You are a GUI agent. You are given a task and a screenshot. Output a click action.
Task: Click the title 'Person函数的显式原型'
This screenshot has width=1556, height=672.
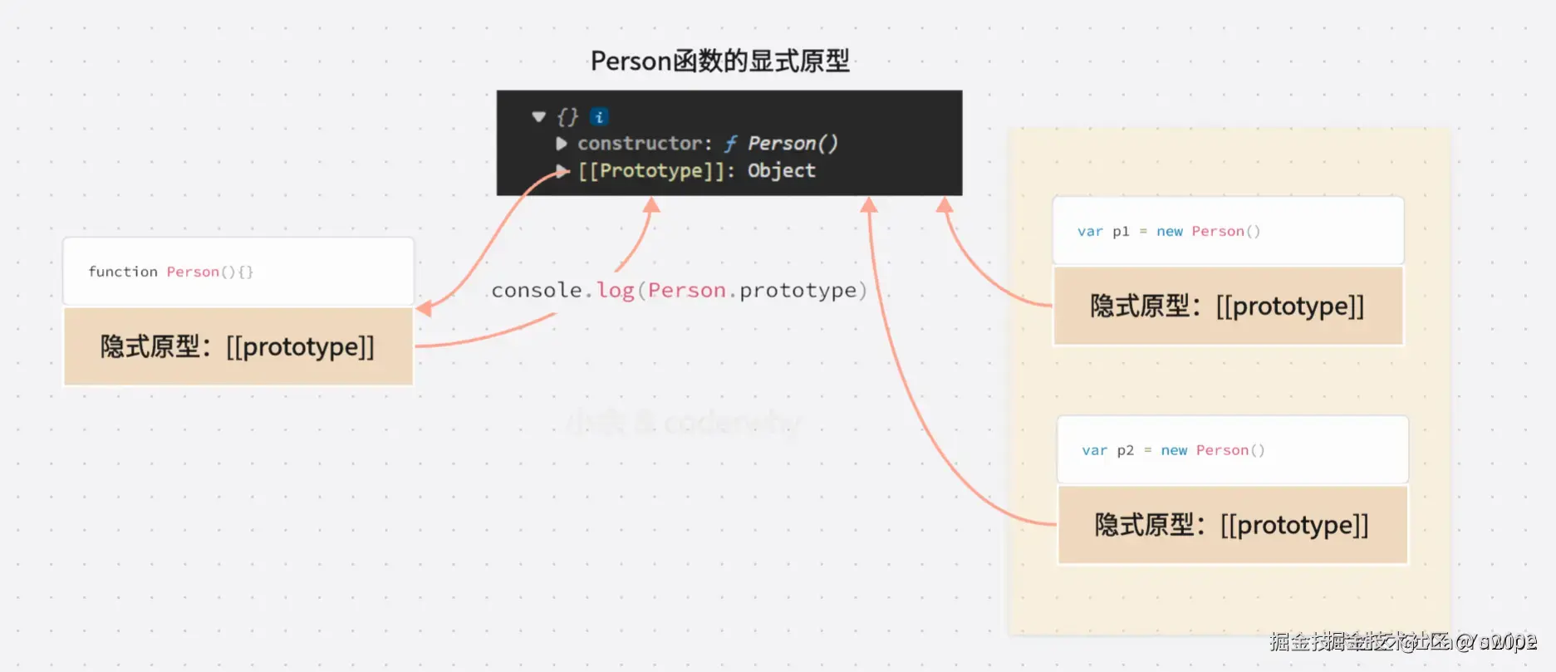click(719, 61)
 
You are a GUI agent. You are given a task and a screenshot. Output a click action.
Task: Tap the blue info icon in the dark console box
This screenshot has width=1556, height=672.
click(599, 117)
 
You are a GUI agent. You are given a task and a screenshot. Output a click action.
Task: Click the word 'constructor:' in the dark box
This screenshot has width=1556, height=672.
click(645, 144)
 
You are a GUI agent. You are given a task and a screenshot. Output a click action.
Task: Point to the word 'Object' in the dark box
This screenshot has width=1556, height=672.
click(781, 171)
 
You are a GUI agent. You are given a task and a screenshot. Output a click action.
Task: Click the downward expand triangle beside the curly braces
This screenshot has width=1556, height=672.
click(538, 117)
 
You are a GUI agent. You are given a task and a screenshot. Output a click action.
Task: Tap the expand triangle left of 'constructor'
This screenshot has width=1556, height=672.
click(562, 144)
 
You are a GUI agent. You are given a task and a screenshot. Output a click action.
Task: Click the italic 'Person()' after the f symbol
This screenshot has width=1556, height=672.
click(793, 144)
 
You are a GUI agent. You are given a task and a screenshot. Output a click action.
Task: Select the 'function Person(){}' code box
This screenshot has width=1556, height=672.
click(238, 272)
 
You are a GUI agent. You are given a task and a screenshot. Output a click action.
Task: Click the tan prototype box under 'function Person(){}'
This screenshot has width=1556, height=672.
click(238, 346)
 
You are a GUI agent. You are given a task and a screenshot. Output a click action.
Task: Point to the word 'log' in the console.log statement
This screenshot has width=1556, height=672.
click(615, 291)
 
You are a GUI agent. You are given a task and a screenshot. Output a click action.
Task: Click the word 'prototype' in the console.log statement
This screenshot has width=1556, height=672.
click(798, 291)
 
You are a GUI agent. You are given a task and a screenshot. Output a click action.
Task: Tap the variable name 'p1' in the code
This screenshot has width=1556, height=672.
click(1121, 232)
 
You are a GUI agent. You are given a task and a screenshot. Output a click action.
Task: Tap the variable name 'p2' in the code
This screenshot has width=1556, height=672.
click(1125, 451)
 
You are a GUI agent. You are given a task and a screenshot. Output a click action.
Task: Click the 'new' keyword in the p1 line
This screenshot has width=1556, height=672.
click(1169, 232)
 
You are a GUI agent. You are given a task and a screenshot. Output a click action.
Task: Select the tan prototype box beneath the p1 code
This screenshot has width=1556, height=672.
click(1228, 307)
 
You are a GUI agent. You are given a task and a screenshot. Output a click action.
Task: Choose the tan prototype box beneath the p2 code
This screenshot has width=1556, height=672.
click(1232, 525)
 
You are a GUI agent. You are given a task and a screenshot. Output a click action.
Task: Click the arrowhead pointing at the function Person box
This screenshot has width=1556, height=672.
click(424, 309)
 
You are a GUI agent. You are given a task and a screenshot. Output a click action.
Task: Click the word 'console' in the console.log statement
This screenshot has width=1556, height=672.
click(537, 291)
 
